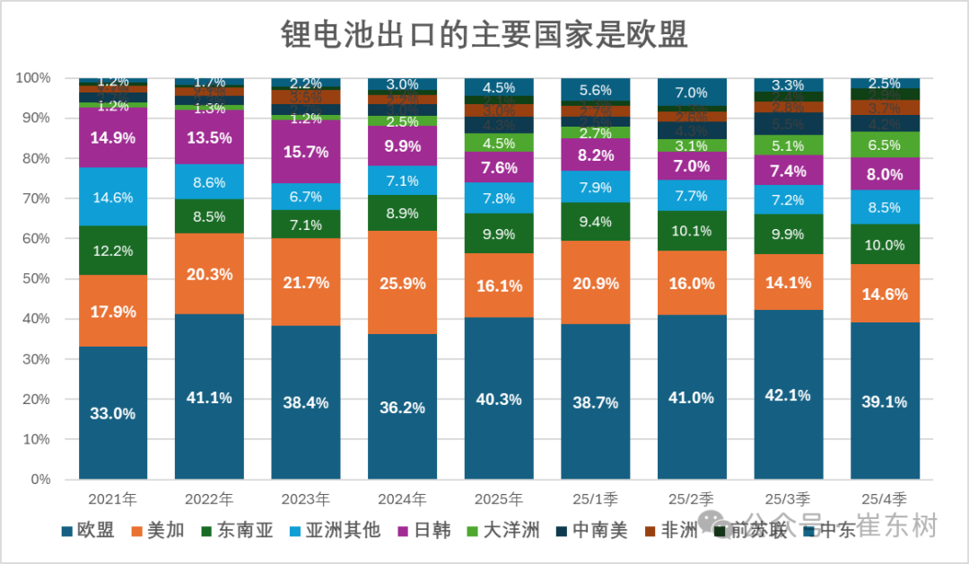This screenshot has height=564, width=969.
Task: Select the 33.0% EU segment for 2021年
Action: click(x=113, y=413)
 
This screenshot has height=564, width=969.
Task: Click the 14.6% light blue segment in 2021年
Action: click(x=113, y=197)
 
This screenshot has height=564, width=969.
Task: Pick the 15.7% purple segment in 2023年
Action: click(x=306, y=152)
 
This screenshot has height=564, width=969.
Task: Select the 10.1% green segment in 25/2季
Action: click(x=692, y=232)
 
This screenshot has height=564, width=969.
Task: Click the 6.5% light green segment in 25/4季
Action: click(x=885, y=145)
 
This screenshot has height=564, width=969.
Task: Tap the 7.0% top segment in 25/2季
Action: click(x=692, y=93)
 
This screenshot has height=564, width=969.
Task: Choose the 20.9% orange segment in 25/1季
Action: click(x=595, y=282)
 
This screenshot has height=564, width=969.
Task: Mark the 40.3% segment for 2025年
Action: click(x=499, y=399)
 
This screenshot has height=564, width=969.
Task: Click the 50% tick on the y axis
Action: click(x=36, y=278)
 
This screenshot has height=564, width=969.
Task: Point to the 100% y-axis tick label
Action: click(x=33, y=78)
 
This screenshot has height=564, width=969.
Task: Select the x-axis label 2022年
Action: click(x=209, y=498)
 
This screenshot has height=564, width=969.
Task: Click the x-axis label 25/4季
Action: click(x=885, y=498)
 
